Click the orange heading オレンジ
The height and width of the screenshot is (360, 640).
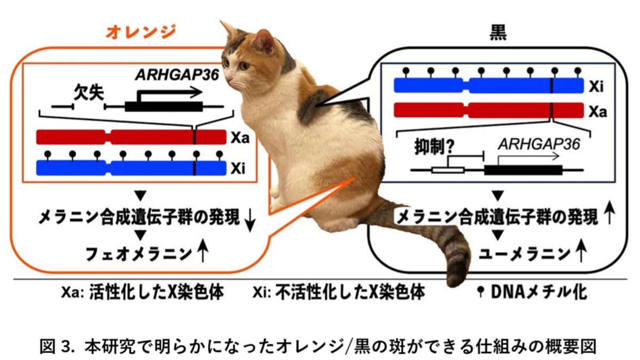(141, 33)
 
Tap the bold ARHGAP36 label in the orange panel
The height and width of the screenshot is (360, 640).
(177, 75)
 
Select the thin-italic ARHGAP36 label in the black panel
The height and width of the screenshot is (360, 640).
(539, 145)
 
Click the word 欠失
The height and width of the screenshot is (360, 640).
(89, 93)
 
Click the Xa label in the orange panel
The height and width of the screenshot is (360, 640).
(241, 138)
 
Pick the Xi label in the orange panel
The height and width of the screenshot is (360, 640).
(238, 169)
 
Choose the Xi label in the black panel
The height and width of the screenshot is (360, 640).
(596, 86)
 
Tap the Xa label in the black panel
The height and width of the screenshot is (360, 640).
(598, 111)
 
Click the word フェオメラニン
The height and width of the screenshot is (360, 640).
(139, 254)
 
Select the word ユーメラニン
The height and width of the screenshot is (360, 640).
(524, 254)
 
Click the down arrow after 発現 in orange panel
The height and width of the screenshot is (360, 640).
(250, 222)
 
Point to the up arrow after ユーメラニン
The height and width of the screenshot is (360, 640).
(581, 251)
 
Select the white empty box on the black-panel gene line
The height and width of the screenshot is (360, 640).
(447, 171)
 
